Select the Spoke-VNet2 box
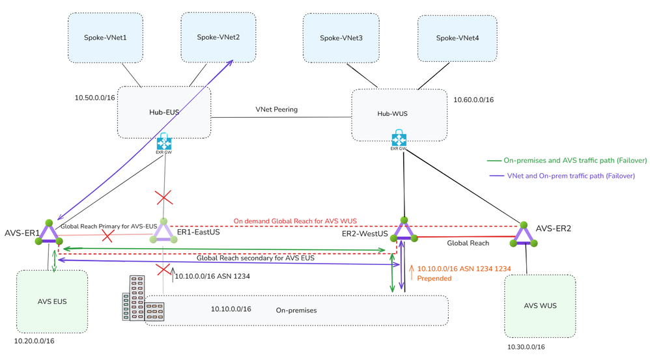pos(218,37)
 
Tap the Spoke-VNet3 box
pos(341,38)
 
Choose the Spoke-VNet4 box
pos(457,38)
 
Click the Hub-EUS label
pos(163,112)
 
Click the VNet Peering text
pos(276,109)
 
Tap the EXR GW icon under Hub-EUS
pos(163,143)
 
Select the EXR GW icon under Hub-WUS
pos(399,140)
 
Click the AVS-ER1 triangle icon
pos(49,232)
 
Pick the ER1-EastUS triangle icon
pos(163,232)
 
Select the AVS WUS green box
pos(540,306)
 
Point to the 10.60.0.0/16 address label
pos(473,100)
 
